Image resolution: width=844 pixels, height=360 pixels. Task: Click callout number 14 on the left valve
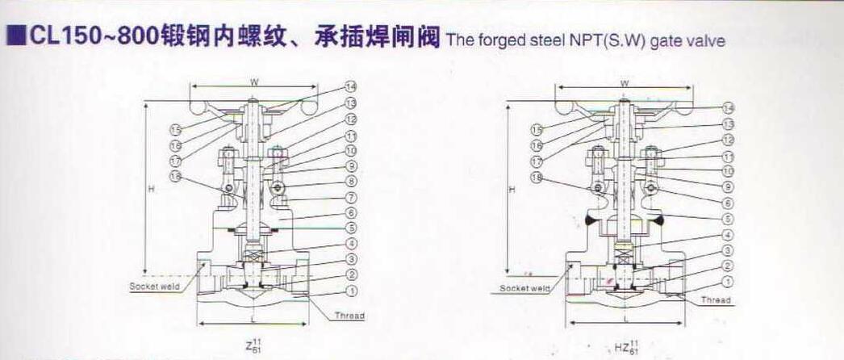pos(351,86)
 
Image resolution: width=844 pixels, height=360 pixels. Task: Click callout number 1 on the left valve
pos(351,290)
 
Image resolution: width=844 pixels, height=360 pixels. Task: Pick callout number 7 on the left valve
pos(351,197)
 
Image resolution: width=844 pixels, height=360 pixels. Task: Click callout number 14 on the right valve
pos(728,107)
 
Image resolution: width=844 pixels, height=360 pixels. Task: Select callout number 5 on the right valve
pos(728,218)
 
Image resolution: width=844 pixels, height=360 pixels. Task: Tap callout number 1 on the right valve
pos(728,282)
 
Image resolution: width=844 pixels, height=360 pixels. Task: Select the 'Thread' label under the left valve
pos(349,316)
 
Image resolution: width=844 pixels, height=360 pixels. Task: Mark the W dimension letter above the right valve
pos(625,83)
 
